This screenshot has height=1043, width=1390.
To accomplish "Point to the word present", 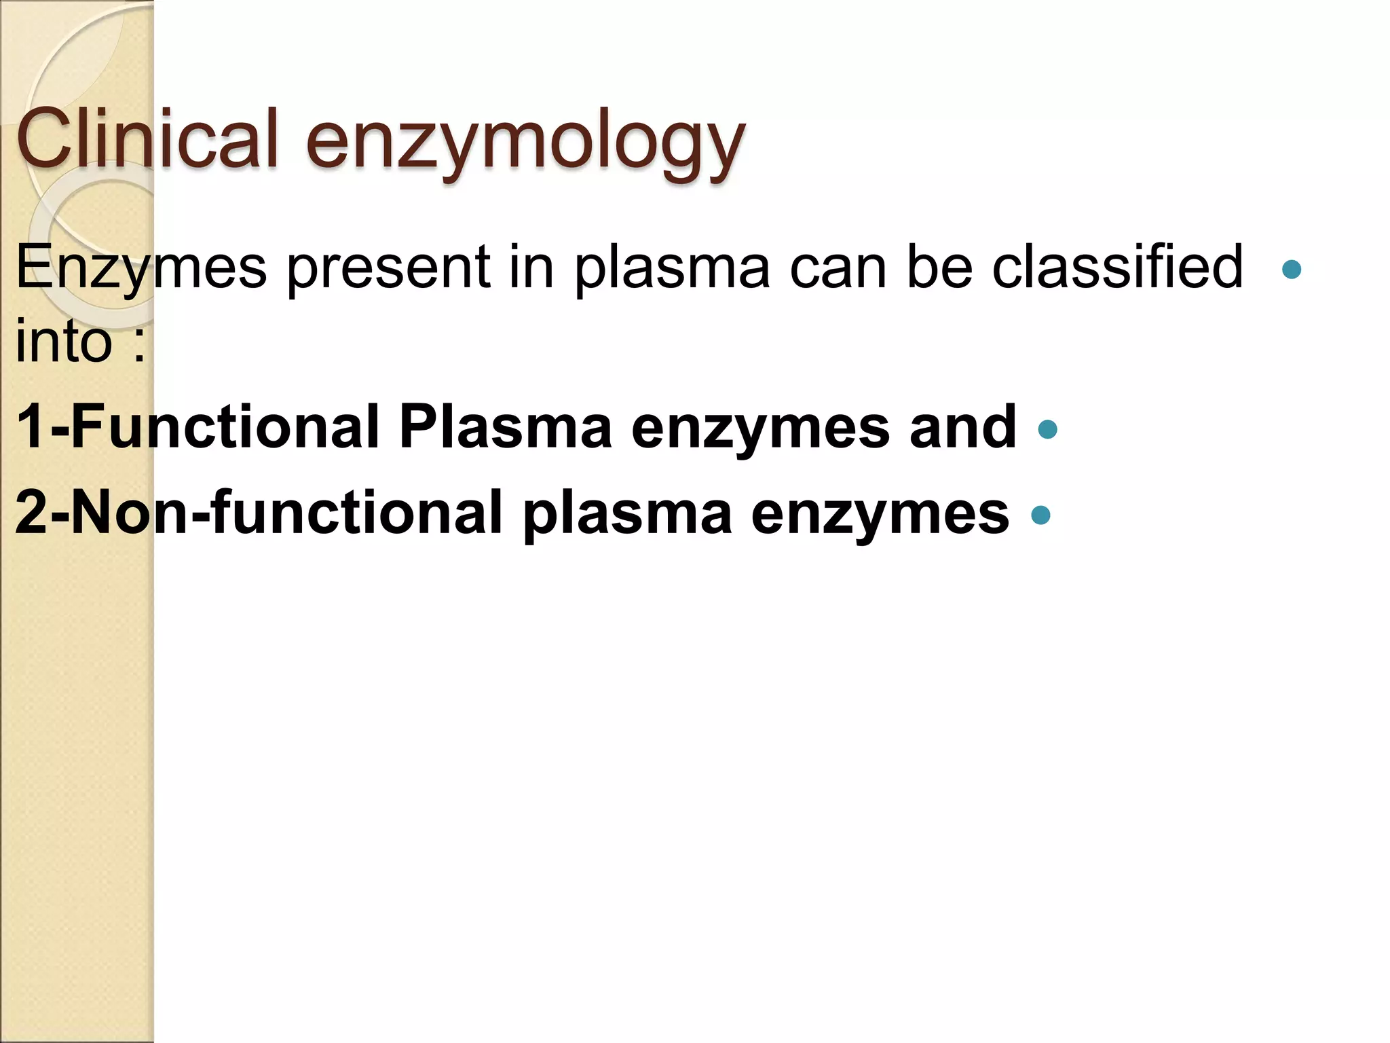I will click(388, 267).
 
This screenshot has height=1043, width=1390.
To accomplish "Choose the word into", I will click(64, 341).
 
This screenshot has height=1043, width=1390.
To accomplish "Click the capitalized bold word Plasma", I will click(506, 428).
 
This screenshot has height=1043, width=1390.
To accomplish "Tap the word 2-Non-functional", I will click(259, 513).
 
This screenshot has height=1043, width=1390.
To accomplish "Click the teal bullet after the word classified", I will click(1292, 270).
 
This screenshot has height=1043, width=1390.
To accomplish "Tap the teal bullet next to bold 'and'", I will click(1048, 429).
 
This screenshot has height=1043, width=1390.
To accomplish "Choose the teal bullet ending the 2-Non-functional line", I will click(1040, 515).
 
